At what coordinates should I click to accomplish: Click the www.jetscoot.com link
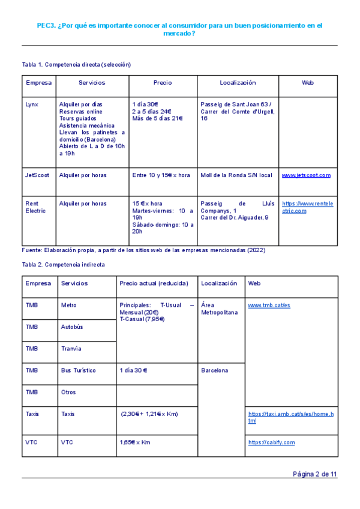306,175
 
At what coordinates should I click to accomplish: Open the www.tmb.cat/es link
269,306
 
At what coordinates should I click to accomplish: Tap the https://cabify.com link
271,442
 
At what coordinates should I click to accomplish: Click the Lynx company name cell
32,104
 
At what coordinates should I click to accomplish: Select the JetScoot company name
37,175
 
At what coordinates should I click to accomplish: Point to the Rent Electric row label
35,207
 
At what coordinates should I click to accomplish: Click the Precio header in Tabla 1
162,83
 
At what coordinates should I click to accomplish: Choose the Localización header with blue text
238,83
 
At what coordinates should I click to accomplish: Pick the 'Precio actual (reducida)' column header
154,283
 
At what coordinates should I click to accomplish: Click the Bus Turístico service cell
78,370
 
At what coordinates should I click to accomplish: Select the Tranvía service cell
71,349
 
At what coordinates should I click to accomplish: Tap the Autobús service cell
72,327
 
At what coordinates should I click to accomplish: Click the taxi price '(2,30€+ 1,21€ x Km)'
149,414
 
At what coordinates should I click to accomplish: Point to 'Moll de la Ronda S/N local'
236,175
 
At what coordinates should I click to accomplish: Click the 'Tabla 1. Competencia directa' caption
76,64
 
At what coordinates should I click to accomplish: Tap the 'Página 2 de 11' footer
314,474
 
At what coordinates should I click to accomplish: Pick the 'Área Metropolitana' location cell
220,309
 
